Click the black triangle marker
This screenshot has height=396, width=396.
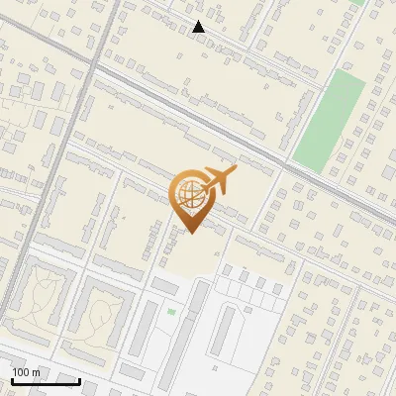click(199, 27)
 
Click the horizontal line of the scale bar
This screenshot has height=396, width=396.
click(45, 380)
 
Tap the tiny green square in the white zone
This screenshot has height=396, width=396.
click(171, 312)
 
